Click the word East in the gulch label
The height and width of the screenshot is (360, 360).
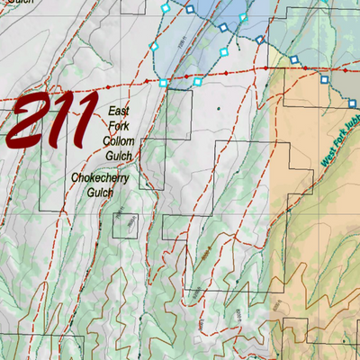pyautogui.click(x=119, y=110)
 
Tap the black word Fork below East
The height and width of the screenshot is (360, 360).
pyautogui.click(x=119, y=125)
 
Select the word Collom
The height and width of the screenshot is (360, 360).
pyautogui.click(x=119, y=140)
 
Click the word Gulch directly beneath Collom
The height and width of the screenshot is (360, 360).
pyautogui.click(x=119, y=156)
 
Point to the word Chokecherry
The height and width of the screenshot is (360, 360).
pyautogui.click(x=102, y=179)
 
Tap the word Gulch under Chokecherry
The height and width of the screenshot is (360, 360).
pyautogui.click(x=102, y=194)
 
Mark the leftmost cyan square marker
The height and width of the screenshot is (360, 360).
pyautogui.click(x=154, y=46)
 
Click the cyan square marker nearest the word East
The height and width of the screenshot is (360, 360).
pyautogui.click(x=163, y=83)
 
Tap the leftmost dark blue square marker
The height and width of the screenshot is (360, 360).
pyautogui.click(x=190, y=10)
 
